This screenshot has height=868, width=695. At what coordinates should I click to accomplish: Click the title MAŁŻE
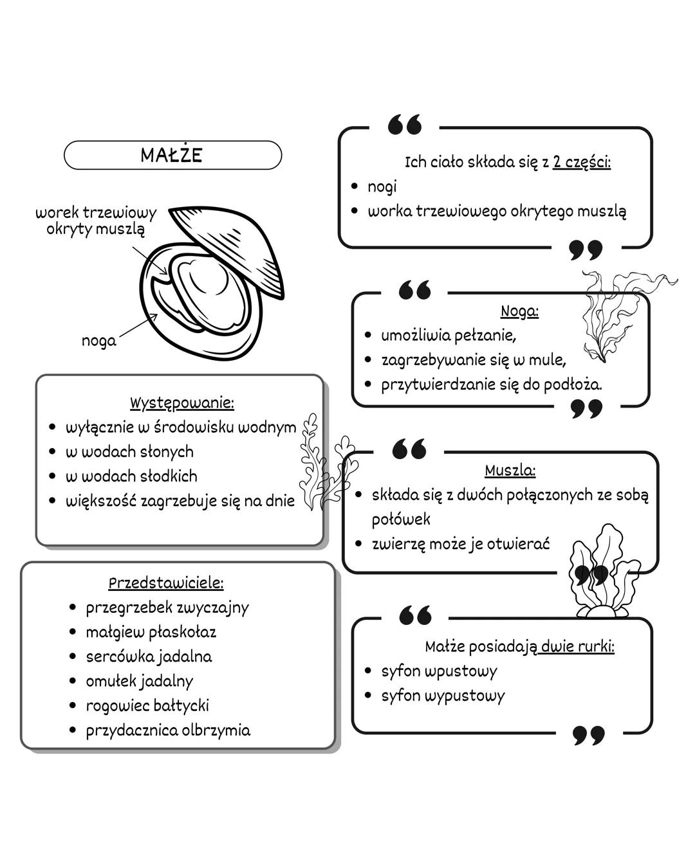172,155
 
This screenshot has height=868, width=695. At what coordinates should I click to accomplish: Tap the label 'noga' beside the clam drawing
99,341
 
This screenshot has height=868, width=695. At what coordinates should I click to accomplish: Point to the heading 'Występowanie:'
182,403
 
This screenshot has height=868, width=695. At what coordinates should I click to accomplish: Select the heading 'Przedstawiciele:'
166,583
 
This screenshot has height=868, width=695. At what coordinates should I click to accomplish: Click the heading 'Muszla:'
510,470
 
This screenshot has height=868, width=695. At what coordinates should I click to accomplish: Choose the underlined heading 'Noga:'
519,311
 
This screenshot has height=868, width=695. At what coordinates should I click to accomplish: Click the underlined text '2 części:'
582,162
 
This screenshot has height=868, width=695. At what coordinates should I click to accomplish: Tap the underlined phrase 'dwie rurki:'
577,646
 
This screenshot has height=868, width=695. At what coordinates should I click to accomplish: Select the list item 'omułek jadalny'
139,681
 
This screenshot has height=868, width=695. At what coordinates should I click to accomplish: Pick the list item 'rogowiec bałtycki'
147,705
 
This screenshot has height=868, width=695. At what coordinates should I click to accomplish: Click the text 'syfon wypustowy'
443,695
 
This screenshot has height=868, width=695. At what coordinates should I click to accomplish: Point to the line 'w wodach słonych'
129,452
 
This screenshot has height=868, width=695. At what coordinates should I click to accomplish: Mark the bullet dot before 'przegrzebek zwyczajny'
73,608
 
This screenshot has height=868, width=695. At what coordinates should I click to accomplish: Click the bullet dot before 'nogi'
355,186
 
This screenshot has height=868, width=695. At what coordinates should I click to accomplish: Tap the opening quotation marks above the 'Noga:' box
414,291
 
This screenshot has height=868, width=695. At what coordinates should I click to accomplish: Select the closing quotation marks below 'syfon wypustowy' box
589,735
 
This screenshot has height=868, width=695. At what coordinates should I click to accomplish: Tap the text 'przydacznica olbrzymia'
168,730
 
